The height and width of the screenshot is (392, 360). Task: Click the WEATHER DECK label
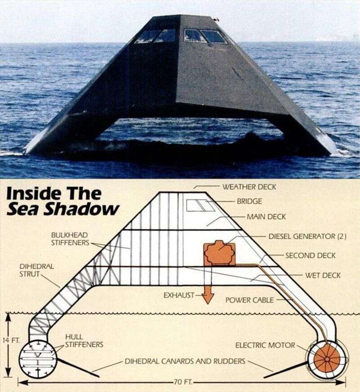(249, 187)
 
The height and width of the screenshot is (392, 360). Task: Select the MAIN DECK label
(266, 217)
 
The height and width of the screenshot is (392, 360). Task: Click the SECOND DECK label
(310, 255)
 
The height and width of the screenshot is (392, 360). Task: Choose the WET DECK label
(323, 275)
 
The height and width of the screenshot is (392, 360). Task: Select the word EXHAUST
(179, 295)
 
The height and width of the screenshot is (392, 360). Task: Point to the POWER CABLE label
(249, 300)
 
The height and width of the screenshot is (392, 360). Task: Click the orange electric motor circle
(325, 360)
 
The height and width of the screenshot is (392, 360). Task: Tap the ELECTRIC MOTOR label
(265, 345)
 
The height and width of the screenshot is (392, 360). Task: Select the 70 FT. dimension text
(182, 383)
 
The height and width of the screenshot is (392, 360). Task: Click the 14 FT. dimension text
(9, 340)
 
